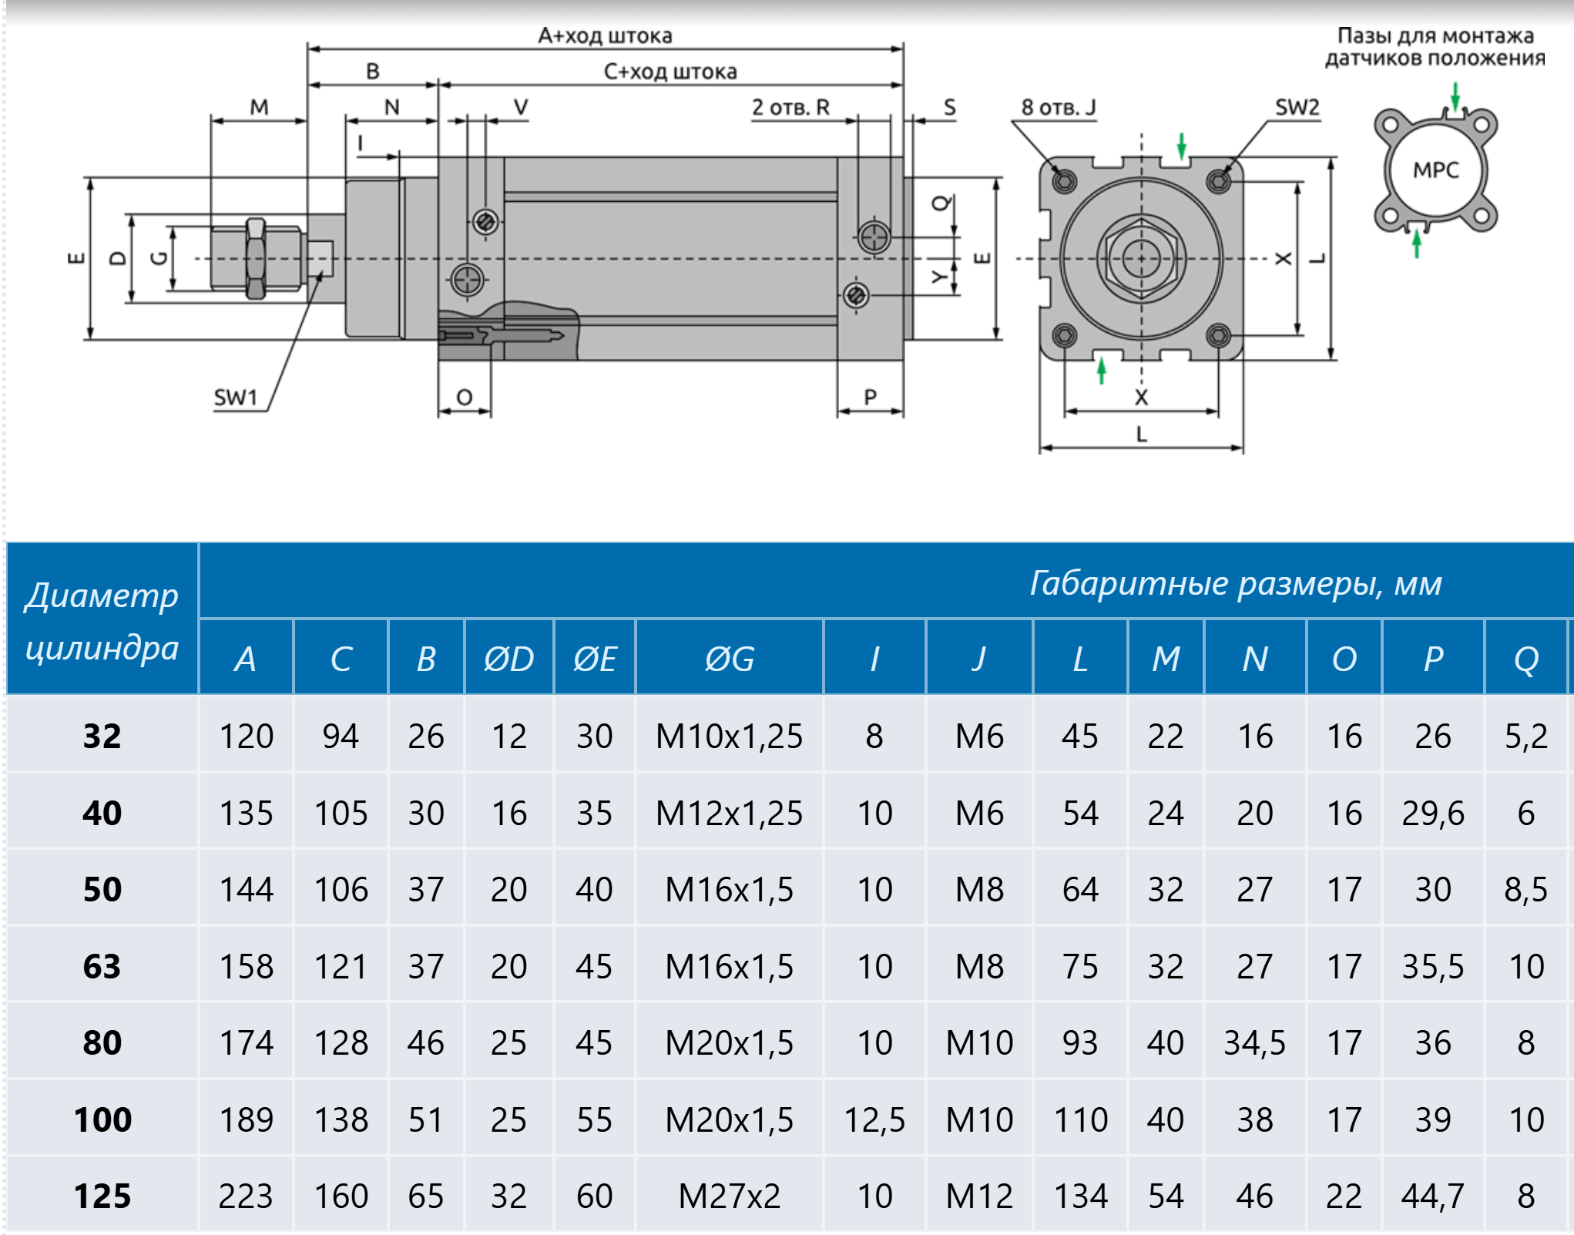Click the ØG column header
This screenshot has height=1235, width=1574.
tap(729, 659)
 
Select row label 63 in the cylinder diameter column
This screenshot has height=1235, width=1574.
tap(102, 966)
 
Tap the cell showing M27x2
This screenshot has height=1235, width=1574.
tap(729, 1196)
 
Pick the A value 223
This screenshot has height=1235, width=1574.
tap(246, 1196)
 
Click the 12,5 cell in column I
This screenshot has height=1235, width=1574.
tap(874, 1119)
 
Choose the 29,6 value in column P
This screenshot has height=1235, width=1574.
tap(1432, 813)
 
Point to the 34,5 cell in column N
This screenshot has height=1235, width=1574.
tap(1254, 1042)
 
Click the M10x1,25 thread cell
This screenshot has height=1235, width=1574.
tap(729, 736)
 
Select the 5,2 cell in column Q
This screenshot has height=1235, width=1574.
tap(1525, 736)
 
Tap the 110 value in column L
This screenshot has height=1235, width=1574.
tap(1080, 1119)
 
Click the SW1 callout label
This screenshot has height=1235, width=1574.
tap(235, 398)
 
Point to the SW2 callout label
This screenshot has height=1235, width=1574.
tap(1297, 107)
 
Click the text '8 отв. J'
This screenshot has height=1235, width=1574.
tap(1058, 107)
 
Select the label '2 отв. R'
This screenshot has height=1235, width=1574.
tap(790, 107)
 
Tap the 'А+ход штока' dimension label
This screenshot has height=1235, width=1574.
tap(605, 35)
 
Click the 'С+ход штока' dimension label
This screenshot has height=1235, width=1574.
tap(670, 72)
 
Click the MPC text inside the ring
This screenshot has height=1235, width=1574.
tap(1435, 169)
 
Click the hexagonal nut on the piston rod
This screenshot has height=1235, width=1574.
tap(255, 258)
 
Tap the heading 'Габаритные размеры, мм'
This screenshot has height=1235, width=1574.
tap(1235, 583)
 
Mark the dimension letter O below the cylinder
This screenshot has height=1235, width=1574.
tap(464, 398)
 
